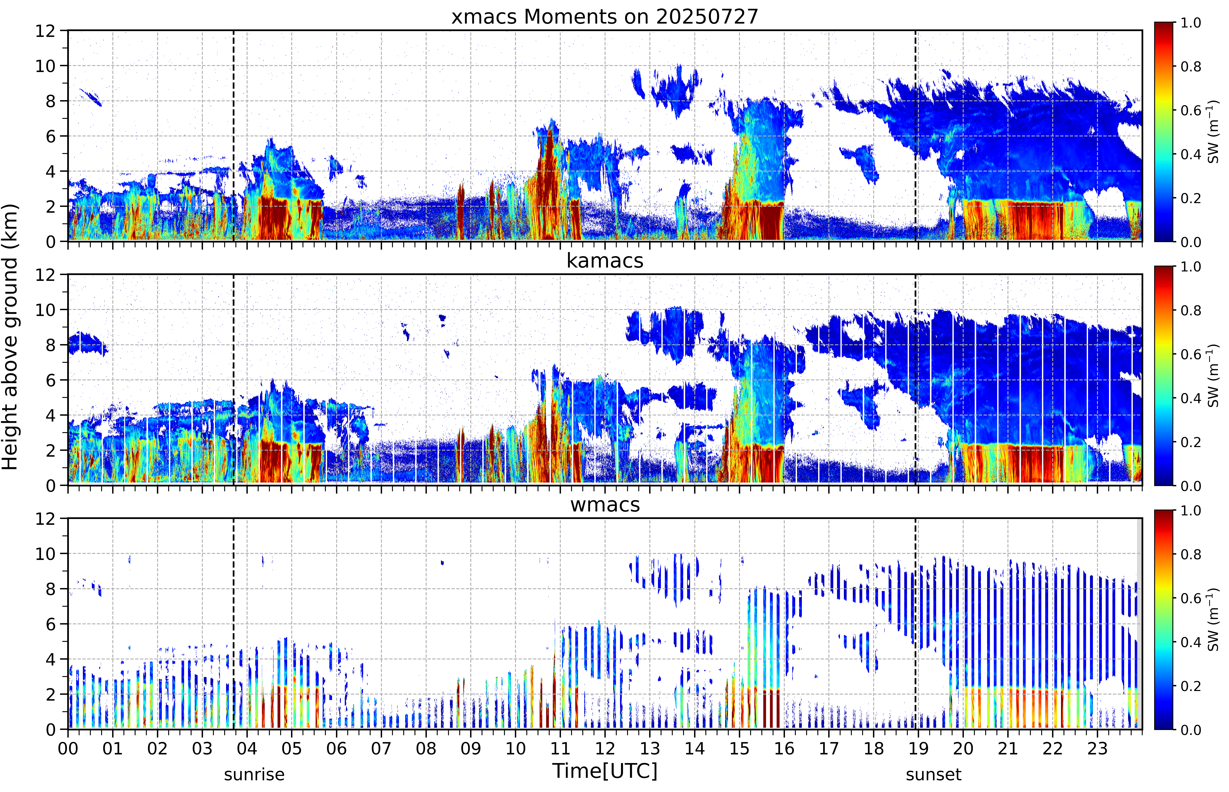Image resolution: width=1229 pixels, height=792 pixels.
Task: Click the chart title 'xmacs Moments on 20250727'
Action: (x=605, y=17)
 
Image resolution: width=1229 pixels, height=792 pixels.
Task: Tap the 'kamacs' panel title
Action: (x=605, y=261)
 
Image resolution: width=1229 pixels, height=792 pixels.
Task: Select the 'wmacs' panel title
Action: (x=605, y=504)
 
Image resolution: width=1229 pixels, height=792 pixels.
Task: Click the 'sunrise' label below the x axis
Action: (x=254, y=774)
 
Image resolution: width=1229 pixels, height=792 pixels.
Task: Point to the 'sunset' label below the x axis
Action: (x=934, y=774)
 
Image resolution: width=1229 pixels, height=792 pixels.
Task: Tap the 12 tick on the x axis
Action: (x=605, y=748)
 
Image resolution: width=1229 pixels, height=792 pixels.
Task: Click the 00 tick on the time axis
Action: (x=68, y=748)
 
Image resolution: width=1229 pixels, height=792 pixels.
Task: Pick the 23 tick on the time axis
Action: (x=1097, y=748)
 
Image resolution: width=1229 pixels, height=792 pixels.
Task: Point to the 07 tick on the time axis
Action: (x=381, y=748)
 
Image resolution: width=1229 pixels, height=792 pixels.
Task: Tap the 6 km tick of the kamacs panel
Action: (x=50, y=380)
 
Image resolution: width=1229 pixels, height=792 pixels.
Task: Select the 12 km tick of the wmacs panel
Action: (x=45, y=518)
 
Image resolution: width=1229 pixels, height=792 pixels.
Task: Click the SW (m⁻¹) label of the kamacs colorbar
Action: (x=1213, y=376)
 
